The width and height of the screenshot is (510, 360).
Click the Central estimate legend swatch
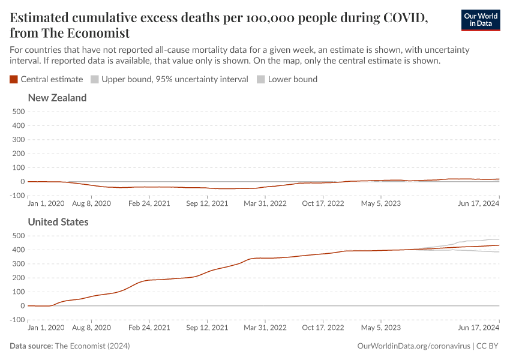point(14,79)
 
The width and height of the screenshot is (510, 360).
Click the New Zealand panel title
point(57,98)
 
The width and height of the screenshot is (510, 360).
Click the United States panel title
point(58,222)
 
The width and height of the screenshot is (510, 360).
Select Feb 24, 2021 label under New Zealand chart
point(149,203)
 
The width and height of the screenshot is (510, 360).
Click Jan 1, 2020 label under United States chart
point(46,328)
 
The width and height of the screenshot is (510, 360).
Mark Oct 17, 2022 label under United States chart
point(323,328)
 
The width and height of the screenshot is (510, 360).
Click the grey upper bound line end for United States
point(498,239)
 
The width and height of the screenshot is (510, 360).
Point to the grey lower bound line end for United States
point(498,252)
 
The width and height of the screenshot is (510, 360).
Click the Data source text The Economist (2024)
point(92,346)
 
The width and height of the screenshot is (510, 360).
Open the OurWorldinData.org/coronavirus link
point(413,346)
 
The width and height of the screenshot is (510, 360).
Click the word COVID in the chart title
point(405,17)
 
